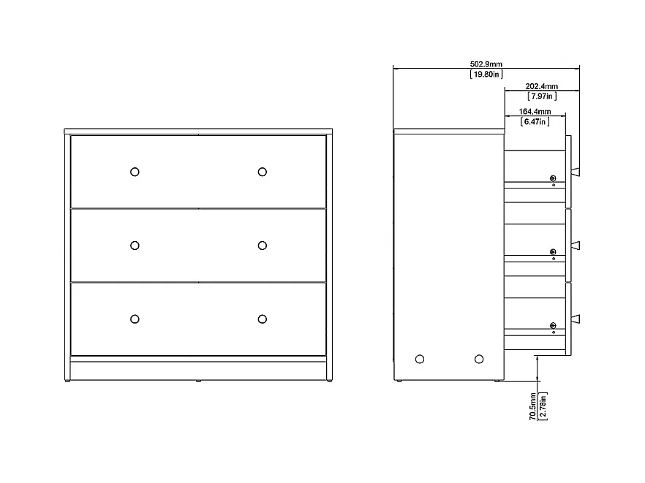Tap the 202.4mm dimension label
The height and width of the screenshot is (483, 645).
(541, 86)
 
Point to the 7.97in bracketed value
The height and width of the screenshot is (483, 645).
(541, 96)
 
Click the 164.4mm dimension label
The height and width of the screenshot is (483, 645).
(535, 112)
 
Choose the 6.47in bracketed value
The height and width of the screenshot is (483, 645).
(535, 122)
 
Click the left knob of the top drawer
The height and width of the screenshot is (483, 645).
(135, 172)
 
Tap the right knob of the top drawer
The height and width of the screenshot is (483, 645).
(262, 172)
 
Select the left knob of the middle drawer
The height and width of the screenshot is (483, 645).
(135, 246)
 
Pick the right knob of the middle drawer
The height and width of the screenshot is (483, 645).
(262, 246)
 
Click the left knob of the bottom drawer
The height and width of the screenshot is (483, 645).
(135, 319)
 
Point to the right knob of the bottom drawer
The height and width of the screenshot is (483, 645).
(262, 319)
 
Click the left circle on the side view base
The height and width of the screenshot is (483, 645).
(419, 359)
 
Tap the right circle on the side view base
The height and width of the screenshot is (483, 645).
(479, 359)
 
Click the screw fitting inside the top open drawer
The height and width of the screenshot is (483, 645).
(553, 179)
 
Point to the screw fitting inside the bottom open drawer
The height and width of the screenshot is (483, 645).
(553, 325)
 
